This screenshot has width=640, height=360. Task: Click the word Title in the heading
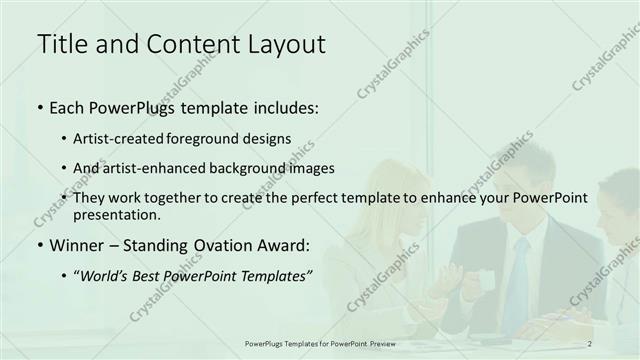point(61,44)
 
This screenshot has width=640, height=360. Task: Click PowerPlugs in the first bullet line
point(126,105)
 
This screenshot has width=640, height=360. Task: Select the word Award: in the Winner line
point(286,244)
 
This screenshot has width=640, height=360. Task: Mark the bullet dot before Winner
point(39,245)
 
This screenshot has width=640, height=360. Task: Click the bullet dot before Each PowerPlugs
point(39,106)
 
